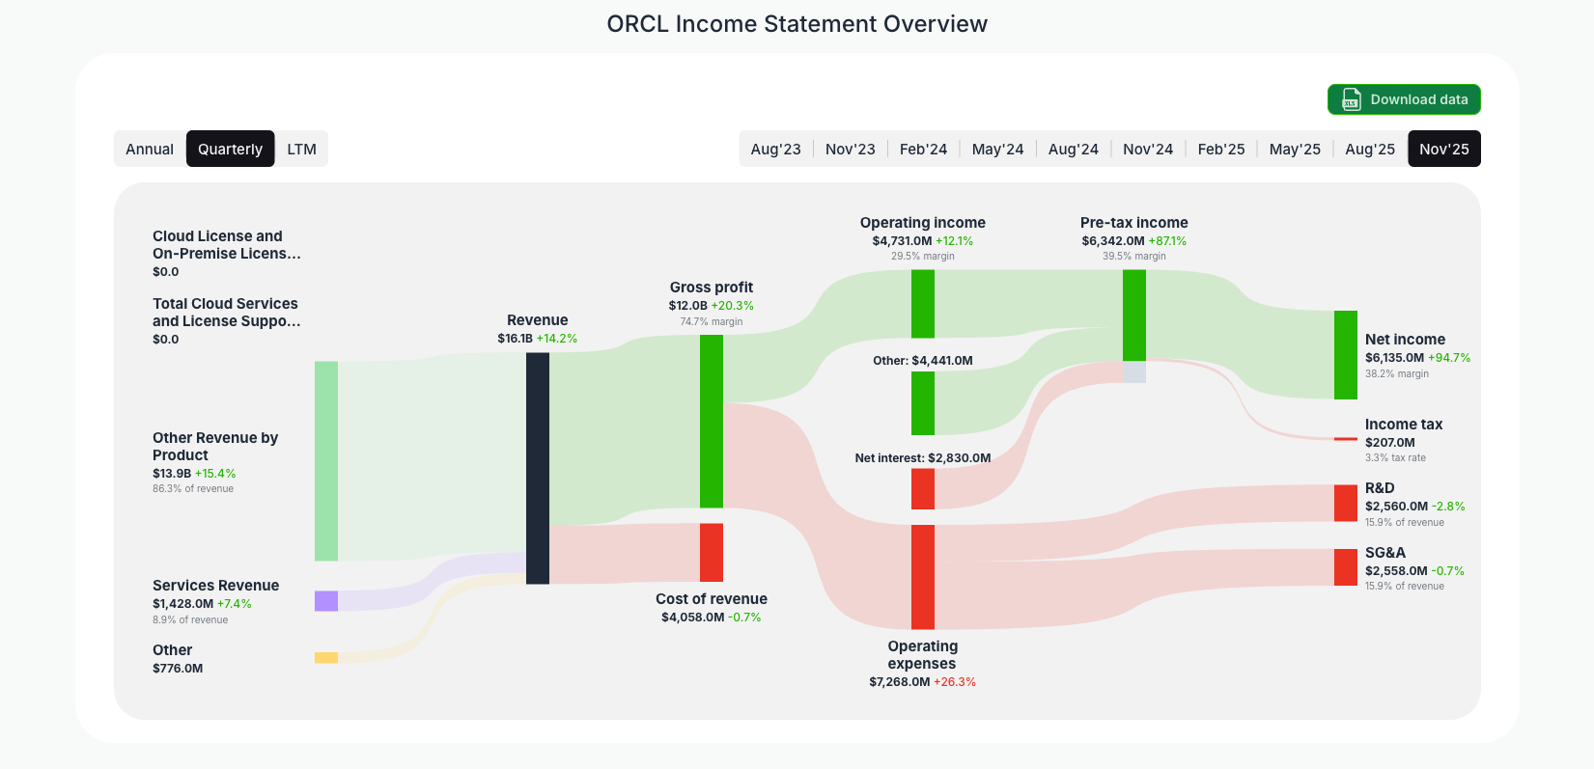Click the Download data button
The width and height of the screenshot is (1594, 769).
pyautogui.click(x=1404, y=99)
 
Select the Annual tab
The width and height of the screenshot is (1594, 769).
pyautogui.click(x=150, y=149)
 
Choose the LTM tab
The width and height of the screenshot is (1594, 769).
pyautogui.click(x=301, y=149)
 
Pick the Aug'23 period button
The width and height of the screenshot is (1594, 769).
pyautogui.click(x=775, y=149)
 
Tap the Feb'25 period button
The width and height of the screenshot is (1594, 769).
pyautogui.click(x=1220, y=149)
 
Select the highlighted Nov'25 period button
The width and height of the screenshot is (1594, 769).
pyautogui.click(x=1443, y=149)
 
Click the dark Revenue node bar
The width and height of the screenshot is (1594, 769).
pyautogui.click(x=538, y=468)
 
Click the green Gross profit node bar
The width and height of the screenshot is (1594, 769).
pyautogui.click(x=712, y=421)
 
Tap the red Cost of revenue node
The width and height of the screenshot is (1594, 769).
pyautogui.click(x=712, y=552)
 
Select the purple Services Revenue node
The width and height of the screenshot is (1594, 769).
pyautogui.click(x=326, y=601)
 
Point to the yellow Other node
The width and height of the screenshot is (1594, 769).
pyautogui.click(x=326, y=658)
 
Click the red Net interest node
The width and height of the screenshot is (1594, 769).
pyautogui.click(x=923, y=488)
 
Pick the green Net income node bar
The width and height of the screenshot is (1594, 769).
pyautogui.click(x=1345, y=354)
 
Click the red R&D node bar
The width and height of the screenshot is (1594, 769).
pyautogui.click(x=1345, y=503)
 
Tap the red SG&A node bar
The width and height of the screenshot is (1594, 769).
pyautogui.click(x=1345, y=567)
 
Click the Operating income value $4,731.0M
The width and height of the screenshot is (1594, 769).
pyautogui.click(x=902, y=241)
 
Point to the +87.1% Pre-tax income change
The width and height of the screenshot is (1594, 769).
pyautogui.click(x=1167, y=241)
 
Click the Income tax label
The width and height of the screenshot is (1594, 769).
pyautogui.click(x=1403, y=425)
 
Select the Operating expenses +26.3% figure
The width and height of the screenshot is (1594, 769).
pyautogui.click(x=954, y=682)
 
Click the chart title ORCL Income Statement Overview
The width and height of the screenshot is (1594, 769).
pyautogui.click(x=797, y=24)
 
